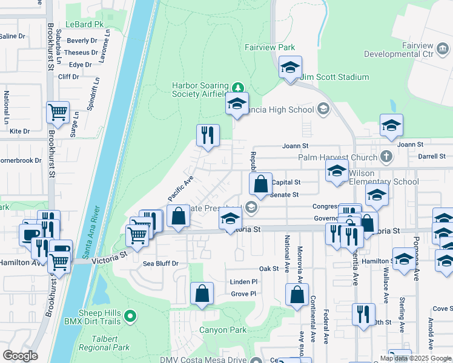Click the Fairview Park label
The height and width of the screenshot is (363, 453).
click(x=269, y=47)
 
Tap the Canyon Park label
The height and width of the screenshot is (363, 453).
click(x=223, y=330)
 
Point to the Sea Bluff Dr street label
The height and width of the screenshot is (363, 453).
click(x=160, y=264)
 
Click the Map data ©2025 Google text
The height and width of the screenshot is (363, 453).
click(x=414, y=358)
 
